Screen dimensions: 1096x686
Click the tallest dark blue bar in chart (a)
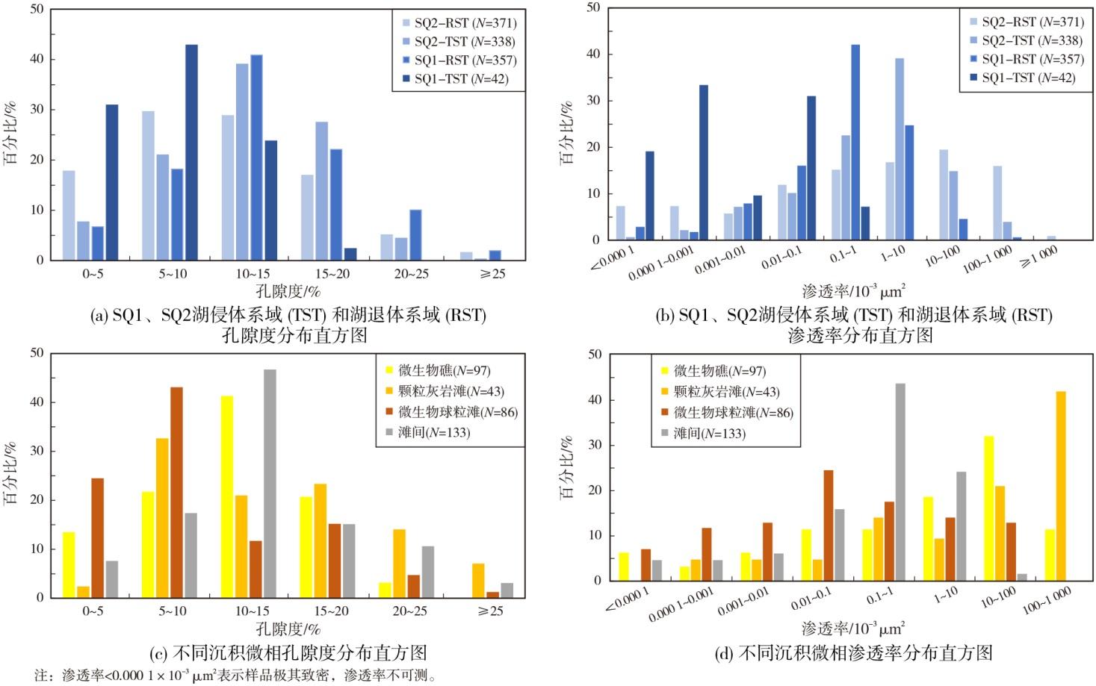[x=191, y=152]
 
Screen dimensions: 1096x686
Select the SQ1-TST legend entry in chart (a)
[x=455, y=78]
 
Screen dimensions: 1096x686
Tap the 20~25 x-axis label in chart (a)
[x=412, y=274]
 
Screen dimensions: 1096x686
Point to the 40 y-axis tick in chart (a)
[x=37, y=59]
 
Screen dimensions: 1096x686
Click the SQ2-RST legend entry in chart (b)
[x=1027, y=22]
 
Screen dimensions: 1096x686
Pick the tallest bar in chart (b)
[x=855, y=143]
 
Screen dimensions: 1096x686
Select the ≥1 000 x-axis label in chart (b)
[x=1038, y=257]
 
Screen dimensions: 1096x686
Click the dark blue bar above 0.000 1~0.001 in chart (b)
[x=704, y=162]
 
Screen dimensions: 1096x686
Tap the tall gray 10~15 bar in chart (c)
[x=270, y=484]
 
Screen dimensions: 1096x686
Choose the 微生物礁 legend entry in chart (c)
[x=438, y=370]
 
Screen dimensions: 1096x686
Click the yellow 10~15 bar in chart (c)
[x=227, y=497]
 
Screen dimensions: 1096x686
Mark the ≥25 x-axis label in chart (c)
[x=491, y=611]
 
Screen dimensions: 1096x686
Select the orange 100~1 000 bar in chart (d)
[x=1061, y=486]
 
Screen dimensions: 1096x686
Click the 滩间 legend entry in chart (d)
[x=703, y=434]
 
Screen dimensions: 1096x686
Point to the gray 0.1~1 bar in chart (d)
[x=900, y=482]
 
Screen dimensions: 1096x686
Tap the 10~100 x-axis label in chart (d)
[x=998, y=597]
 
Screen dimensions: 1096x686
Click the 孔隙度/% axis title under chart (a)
[x=288, y=291]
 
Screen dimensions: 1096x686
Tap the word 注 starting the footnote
[x=41, y=676]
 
